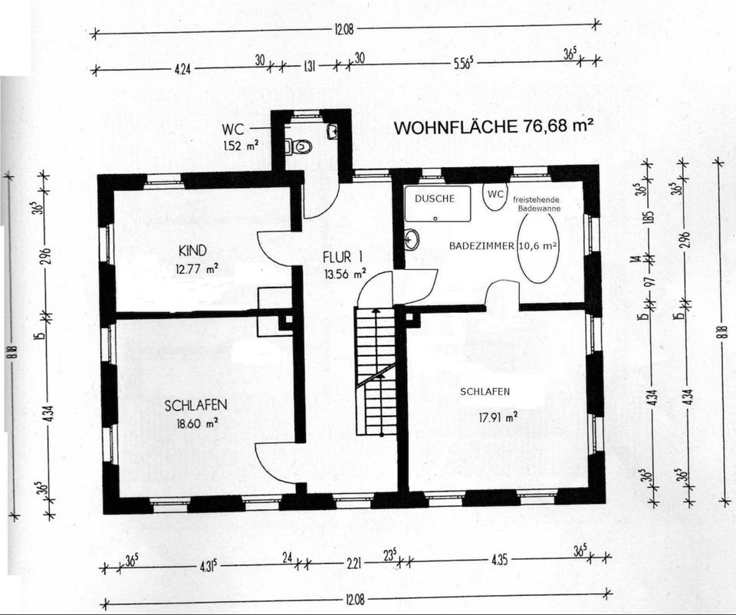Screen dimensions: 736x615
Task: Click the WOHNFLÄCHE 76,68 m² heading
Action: [495, 128]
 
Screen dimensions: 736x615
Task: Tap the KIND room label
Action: [192, 251]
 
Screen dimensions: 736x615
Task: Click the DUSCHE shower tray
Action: [438, 204]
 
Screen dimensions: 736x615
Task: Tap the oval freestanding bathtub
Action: [539, 246]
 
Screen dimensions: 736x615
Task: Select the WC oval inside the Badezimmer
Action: [495, 196]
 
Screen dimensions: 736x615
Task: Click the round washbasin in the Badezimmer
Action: [412, 240]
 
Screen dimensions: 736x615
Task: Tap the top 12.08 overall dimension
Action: [343, 31]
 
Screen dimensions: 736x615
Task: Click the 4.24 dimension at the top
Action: [182, 69]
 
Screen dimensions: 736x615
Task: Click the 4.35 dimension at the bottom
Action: [500, 562]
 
